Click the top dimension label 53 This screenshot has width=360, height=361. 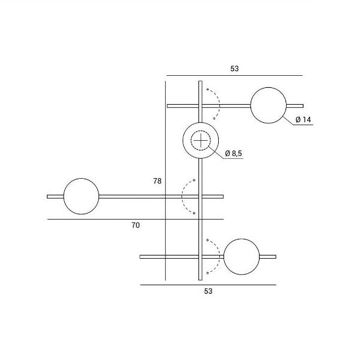pos(234,69)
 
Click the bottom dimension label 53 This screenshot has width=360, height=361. pos(208,291)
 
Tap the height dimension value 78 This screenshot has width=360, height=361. pos(157,180)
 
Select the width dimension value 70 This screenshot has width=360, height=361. pos(135,226)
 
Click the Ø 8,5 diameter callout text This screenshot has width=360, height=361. pos(233,154)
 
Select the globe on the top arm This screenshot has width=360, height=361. pos(269,105)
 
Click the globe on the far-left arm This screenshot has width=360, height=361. pos(81,196)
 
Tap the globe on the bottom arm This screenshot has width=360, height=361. pos(242,257)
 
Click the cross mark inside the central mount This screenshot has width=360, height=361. pos(200,142)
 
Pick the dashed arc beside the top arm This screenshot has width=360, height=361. pos(218,105)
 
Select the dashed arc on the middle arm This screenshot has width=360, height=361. pos(183,196)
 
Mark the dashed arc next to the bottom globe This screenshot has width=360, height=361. pos(218,257)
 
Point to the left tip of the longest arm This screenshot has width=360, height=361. pos(49,196)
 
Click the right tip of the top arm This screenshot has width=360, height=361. pos(302,105)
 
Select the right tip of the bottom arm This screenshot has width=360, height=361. pos(275,257)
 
